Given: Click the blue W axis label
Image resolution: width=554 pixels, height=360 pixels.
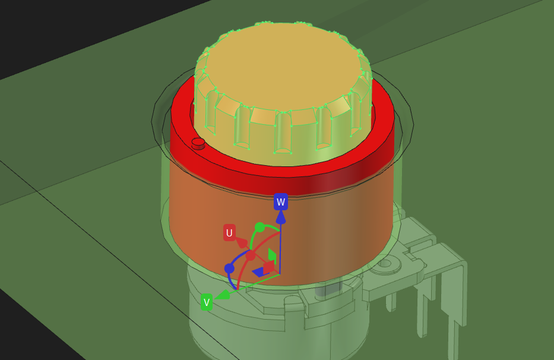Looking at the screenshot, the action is pos(280,201).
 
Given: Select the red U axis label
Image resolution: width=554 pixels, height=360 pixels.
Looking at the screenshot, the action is pos(229,233).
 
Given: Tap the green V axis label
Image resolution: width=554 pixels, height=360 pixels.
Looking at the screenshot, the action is pos(207,302).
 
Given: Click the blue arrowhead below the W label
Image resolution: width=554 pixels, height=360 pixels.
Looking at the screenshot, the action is pos(280,216).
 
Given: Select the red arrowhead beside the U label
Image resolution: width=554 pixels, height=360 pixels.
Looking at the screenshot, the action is pos(242,242).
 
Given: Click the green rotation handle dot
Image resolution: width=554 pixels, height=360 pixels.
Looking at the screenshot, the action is pos(259,228).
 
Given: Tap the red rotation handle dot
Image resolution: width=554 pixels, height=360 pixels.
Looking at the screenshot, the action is pos(250,255).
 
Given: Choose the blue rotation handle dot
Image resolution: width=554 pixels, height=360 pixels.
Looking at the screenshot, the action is pos(229,269).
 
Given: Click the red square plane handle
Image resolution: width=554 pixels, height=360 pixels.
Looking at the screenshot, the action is pos(269,267).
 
